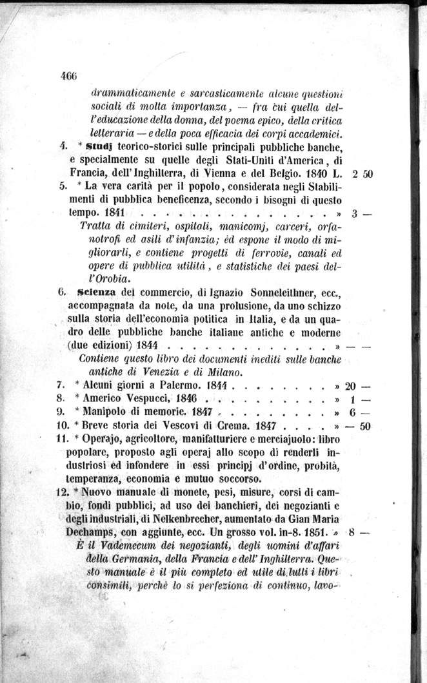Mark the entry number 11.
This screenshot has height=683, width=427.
(x=62, y=439)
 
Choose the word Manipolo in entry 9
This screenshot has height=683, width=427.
(x=105, y=412)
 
